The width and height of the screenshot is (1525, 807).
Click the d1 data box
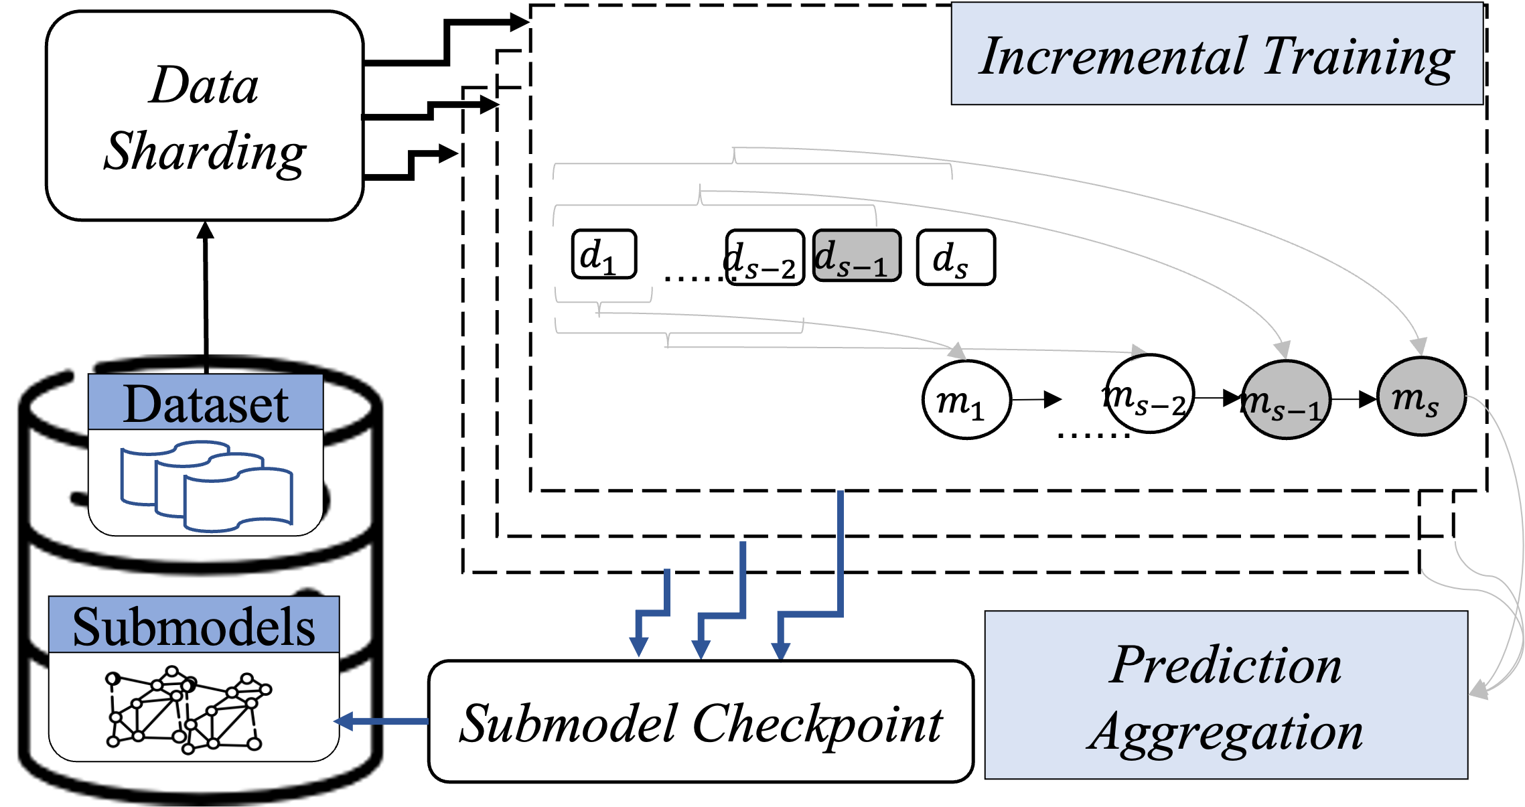pyautogui.click(x=603, y=254)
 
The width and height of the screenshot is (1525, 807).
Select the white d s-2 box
pyautogui.click(x=766, y=258)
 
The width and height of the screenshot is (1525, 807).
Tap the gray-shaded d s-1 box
pyautogui.click(x=857, y=256)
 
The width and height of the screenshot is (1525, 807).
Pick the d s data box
pyautogui.click(x=955, y=258)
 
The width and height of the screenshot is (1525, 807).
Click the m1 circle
pyautogui.click(x=966, y=400)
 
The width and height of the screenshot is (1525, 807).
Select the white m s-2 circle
pyautogui.click(x=1149, y=394)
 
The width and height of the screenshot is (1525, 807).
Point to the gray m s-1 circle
pyautogui.click(x=1285, y=400)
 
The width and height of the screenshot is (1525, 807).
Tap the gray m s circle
pyautogui.click(x=1421, y=397)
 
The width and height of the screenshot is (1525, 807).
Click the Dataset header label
pyautogui.click(x=206, y=404)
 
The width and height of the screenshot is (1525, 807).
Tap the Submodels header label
pyautogui.click(x=194, y=627)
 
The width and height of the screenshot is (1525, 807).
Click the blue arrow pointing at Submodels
pyautogui.click(x=382, y=721)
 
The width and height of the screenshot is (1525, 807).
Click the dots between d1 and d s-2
pyautogui.click(x=693, y=277)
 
